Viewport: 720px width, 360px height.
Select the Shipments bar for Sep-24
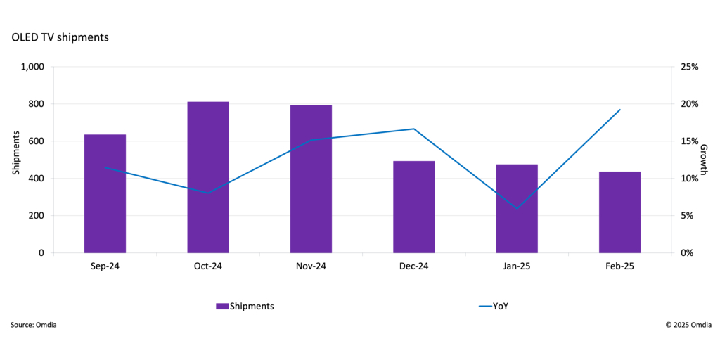click(x=105, y=193)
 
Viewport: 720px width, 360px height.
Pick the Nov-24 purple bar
click(x=311, y=179)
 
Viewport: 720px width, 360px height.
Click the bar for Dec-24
click(x=414, y=207)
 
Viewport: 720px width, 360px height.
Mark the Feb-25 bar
click(x=619, y=212)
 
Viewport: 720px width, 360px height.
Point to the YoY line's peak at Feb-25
click(x=620, y=110)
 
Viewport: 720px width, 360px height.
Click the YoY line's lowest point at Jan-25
click(x=517, y=208)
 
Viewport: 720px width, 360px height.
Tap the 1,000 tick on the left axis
click(x=32, y=67)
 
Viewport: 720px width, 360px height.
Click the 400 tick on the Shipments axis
click(x=36, y=179)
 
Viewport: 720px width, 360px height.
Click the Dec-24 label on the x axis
click(x=413, y=266)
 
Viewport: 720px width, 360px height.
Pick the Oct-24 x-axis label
click(x=208, y=266)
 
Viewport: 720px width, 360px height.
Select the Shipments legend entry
click(x=245, y=306)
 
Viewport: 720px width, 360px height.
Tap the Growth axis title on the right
click(x=703, y=160)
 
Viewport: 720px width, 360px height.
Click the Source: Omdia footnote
click(x=34, y=326)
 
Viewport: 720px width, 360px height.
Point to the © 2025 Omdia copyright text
click(x=688, y=326)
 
